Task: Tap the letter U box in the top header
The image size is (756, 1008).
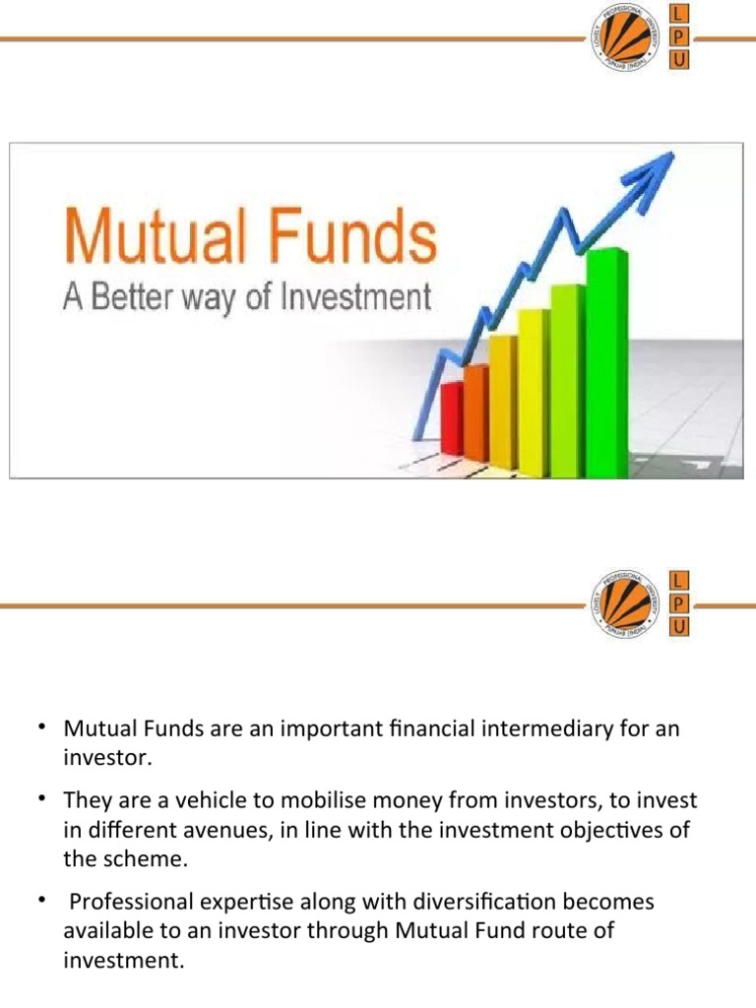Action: (679, 60)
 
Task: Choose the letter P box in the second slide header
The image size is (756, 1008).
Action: (679, 603)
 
